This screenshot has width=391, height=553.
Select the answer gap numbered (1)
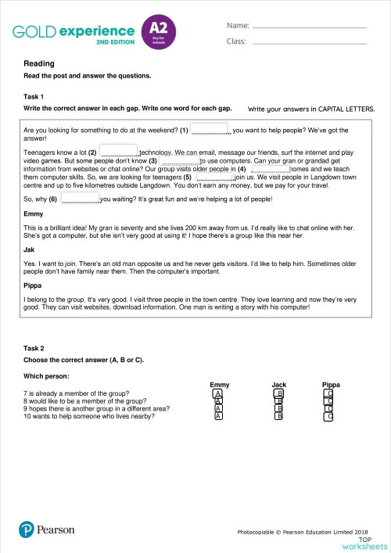click(x=210, y=128)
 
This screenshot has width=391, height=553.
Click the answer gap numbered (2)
click(x=119, y=149)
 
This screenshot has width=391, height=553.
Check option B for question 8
click(x=278, y=400)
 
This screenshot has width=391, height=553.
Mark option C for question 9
click(x=328, y=408)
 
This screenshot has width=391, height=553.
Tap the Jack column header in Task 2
click(x=278, y=384)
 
